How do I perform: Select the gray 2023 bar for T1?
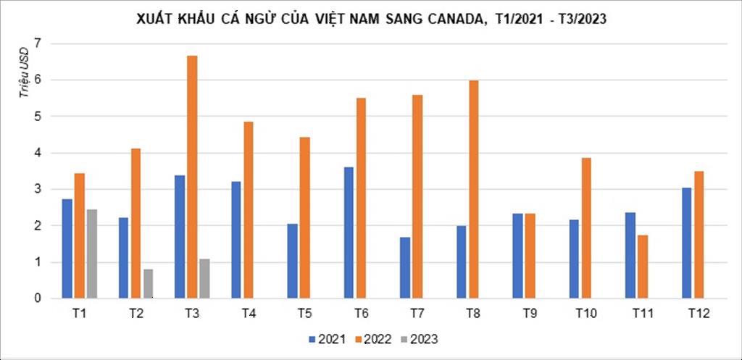[91, 254]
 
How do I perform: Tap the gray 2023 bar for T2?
[148, 283]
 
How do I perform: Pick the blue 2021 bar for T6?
[349, 233]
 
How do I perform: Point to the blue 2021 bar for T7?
[405, 267]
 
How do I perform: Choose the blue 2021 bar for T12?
[687, 243]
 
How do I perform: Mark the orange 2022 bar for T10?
[586, 228]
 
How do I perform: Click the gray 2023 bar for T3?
[204, 278]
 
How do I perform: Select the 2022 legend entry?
[374, 339]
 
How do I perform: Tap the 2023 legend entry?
[420, 339]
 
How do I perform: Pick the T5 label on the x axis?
[304, 313]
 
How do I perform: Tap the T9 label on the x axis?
[530, 313]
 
